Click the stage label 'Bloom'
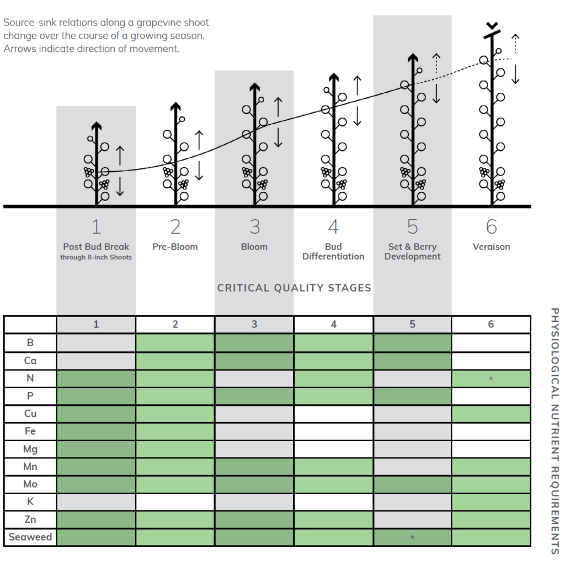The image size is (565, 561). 254,247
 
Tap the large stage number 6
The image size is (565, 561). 491,226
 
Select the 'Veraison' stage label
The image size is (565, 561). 491,247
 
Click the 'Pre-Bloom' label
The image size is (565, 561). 175,247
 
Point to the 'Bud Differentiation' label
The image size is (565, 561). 333,251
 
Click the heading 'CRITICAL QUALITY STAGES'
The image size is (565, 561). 294,288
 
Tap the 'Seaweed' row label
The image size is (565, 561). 30,537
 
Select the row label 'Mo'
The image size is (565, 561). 30,484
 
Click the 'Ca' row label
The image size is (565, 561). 30,361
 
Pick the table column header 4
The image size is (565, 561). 333,324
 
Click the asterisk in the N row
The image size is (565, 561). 491,379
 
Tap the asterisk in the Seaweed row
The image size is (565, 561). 412,538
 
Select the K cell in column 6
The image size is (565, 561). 491,502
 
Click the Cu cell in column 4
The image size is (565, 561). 333,414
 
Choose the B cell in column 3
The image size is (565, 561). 254,342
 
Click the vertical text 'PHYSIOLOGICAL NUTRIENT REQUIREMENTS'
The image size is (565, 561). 555,431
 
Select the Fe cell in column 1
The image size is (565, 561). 96,431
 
